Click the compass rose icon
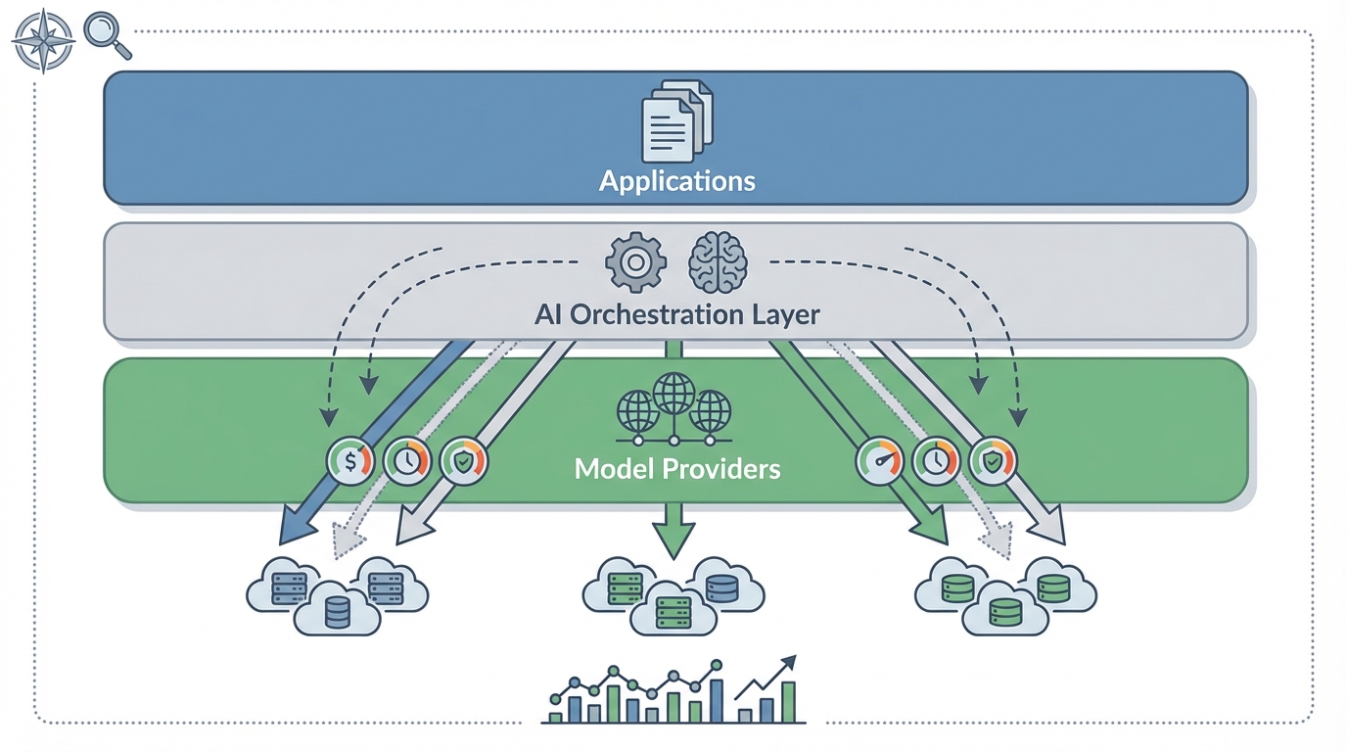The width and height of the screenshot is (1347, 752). (x=43, y=41)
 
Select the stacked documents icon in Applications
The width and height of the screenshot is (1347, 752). (x=676, y=121)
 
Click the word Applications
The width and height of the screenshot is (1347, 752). (x=676, y=181)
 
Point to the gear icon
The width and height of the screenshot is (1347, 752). (x=635, y=261)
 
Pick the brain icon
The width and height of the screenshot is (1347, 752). (x=718, y=261)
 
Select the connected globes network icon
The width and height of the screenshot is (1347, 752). (x=673, y=409)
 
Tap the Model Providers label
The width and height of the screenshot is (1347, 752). (x=676, y=469)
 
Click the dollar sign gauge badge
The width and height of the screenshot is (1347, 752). (x=350, y=460)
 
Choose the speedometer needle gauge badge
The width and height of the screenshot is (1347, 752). (x=880, y=460)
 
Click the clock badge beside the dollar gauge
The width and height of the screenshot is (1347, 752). (x=407, y=460)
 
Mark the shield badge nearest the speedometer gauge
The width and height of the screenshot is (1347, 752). (x=993, y=460)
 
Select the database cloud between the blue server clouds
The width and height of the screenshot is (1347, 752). (x=337, y=613)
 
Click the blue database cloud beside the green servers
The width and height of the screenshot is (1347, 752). (x=721, y=588)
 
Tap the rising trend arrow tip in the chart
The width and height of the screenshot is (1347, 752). (x=790, y=661)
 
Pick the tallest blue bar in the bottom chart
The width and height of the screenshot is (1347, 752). (x=717, y=699)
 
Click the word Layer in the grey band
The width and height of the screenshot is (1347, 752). (x=782, y=315)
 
